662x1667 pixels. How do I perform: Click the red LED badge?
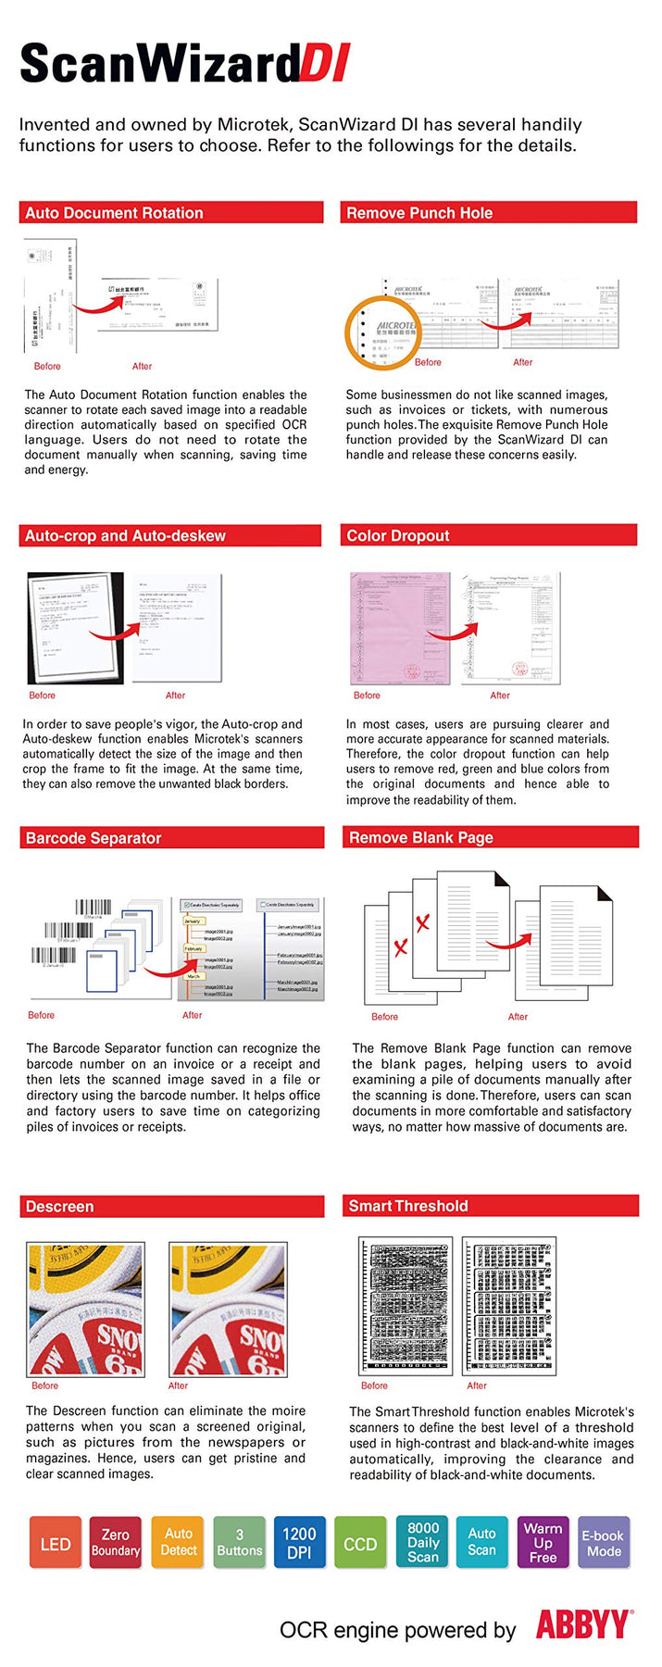pyautogui.click(x=56, y=1543)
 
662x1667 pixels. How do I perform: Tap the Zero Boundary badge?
pyautogui.click(x=116, y=1543)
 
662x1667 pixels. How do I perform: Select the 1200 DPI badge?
pyautogui.click(x=299, y=1543)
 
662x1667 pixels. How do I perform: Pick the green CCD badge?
pyautogui.click(x=360, y=1543)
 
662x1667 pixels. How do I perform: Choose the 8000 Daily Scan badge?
pyautogui.click(x=422, y=1543)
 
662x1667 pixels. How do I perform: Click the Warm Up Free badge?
pyautogui.click(x=543, y=1543)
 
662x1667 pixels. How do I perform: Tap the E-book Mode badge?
pyautogui.click(x=604, y=1543)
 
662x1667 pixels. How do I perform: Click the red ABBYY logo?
pyautogui.click(x=583, y=1625)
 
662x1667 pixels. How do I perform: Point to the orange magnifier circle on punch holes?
pyautogui.click(x=382, y=332)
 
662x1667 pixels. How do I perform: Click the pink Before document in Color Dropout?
pyautogui.click(x=400, y=628)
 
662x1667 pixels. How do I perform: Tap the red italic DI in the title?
pyautogui.click(x=325, y=65)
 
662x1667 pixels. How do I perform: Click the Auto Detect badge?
pyautogui.click(x=178, y=1543)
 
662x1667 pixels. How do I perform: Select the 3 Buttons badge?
pyautogui.click(x=239, y=1543)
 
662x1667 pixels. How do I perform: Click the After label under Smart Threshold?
pyautogui.click(x=477, y=1385)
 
